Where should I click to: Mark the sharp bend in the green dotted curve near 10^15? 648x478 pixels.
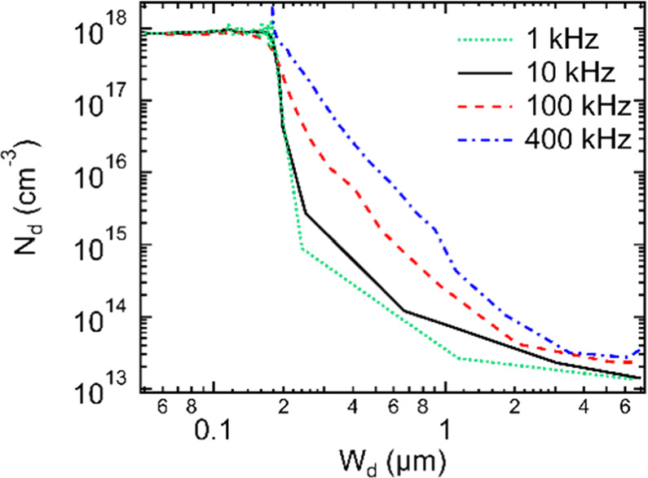point(302,250)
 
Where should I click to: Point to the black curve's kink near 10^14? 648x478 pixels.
point(405,311)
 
